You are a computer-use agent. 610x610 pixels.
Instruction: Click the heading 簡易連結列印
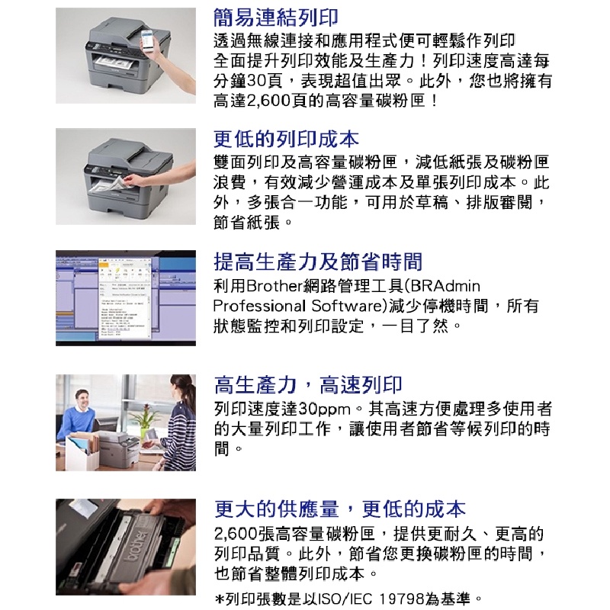(x=275, y=17)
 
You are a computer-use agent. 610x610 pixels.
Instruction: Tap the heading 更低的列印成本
(x=286, y=139)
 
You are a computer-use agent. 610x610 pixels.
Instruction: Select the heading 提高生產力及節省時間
(x=318, y=261)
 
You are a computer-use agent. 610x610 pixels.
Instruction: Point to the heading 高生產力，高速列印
(x=308, y=384)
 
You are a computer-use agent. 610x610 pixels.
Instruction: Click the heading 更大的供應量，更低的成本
(x=339, y=509)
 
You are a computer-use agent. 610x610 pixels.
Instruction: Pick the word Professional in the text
(x=258, y=307)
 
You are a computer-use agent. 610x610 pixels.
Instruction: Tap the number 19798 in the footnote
(x=401, y=599)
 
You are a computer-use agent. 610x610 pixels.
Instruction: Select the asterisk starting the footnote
(x=220, y=598)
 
